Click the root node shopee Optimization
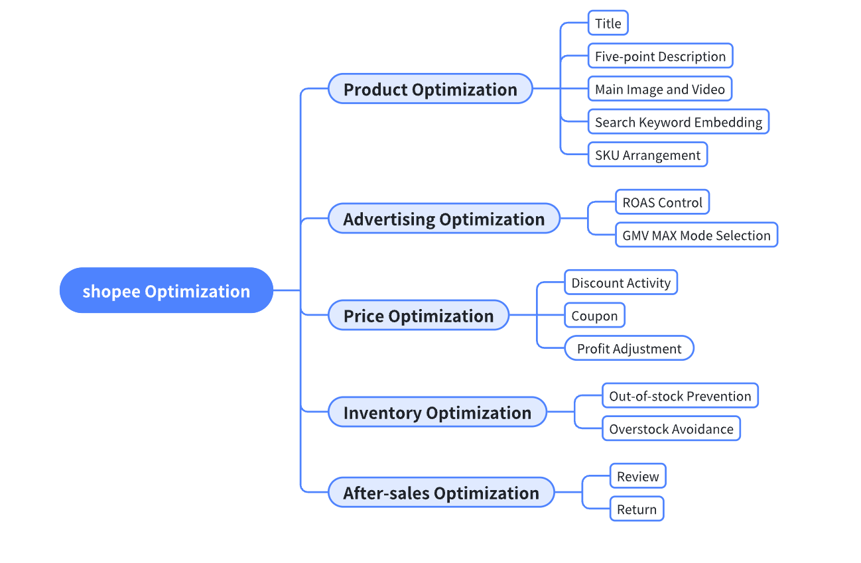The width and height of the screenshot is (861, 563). pyautogui.click(x=166, y=290)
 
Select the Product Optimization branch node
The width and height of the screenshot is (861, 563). pyautogui.click(x=430, y=89)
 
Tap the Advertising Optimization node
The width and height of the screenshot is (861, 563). pyautogui.click(x=444, y=219)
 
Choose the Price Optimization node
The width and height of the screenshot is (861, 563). pyautogui.click(x=418, y=316)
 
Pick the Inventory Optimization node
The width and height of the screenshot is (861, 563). pyautogui.click(x=437, y=412)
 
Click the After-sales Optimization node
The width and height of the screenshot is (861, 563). pyautogui.click(x=440, y=493)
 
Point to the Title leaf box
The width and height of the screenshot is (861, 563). pyautogui.click(x=608, y=24)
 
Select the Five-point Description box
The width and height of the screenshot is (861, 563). pyautogui.click(x=660, y=56)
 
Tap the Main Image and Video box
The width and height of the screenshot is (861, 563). pyautogui.click(x=659, y=89)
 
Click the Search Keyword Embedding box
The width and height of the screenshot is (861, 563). pyautogui.click(x=678, y=122)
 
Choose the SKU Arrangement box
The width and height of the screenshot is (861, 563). pyautogui.click(x=647, y=155)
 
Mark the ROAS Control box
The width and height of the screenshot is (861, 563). pyautogui.click(x=662, y=202)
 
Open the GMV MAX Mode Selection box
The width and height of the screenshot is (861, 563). pyautogui.click(x=696, y=235)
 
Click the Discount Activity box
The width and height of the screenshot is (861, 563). pyautogui.click(x=621, y=283)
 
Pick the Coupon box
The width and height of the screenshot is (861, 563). pyautogui.click(x=594, y=316)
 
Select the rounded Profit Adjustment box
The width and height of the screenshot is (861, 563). pyautogui.click(x=629, y=349)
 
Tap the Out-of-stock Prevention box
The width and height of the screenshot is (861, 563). pyautogui.click(x=680, y=397)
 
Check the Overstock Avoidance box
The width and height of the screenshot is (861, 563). pyautogui.click(x=671, y=429)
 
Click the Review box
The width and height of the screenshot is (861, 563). pyautogui.click(x=637, y=476)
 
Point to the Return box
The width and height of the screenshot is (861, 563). pyautogui.click(x=636, y=509)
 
